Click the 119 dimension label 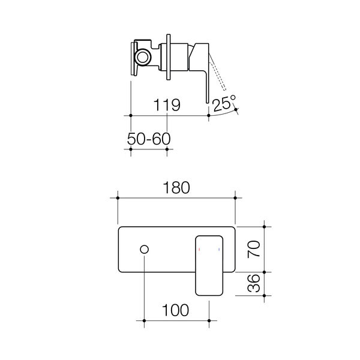coord(167,105)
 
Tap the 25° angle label coord(224,103)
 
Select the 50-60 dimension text coord(149,139)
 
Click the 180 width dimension coord(176,188)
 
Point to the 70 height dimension coord(254,249)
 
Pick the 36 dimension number coord(254,283)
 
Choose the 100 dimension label coord(175,310)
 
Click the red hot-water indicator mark coord(199,249)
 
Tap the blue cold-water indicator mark coord(219,249)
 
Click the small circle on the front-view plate coord(144,250)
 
